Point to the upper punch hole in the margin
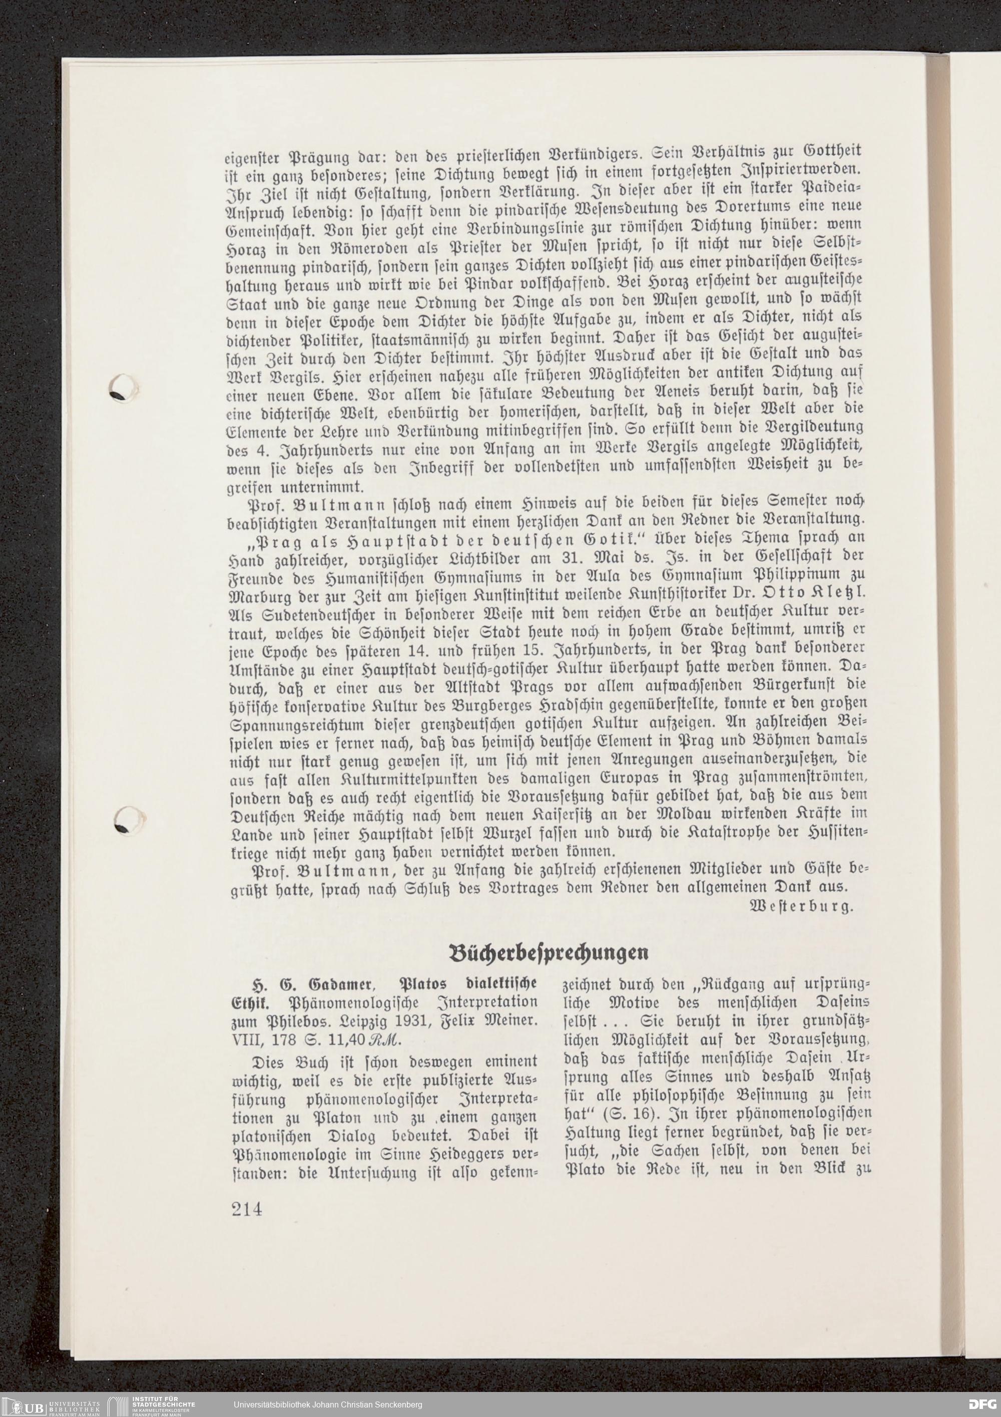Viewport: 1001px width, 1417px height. click(x=126, y=390)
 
